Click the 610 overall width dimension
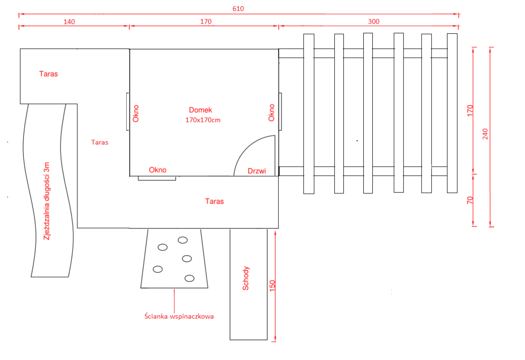click(x=238, y=9)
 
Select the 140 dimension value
click(x=69, y=21)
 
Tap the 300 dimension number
click(x=374, y=21)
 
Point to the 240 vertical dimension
click(x=485, y=134)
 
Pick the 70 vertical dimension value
click(x=470, y=200)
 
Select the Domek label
click(x=201, y=110)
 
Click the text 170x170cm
click(x=203, y=120)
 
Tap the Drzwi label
click(x=257, y=171)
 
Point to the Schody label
click(x=246, y=279)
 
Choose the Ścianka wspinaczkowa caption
click(x=179, y=316)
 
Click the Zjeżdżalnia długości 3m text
click(x=48, y=201)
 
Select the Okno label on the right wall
click(x=272, y=112)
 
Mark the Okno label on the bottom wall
click(x=158, y=170)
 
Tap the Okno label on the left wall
click(x=136, y=114)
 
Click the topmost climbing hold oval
click(x=182, y=240)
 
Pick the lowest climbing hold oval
click(x=189, y=278)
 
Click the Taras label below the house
click(x=215, y=201)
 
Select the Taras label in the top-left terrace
click(x=48, y=74)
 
